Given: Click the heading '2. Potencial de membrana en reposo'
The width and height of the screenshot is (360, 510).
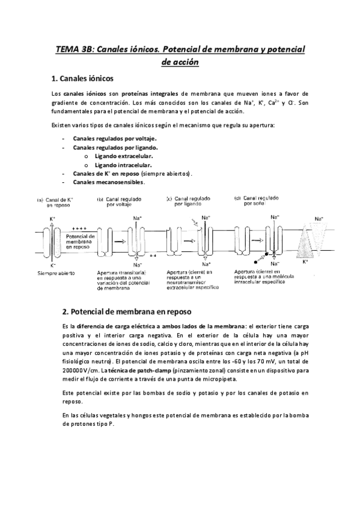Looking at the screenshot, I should (x=127, y=312).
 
